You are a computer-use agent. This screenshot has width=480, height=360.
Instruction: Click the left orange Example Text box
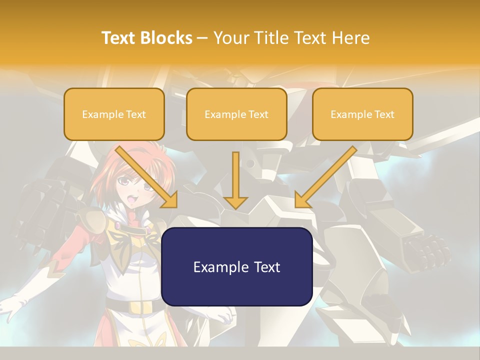tap(114, 114)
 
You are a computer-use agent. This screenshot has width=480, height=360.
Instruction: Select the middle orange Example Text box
tap(236, 114)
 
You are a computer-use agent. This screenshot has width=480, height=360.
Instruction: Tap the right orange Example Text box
tap(362, 114)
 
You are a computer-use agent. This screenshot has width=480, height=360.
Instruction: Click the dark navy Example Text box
tap(237, 266)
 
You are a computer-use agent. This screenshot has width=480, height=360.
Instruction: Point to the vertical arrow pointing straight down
tap(235, 180)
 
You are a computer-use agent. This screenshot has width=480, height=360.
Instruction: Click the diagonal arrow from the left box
tap(146, 176)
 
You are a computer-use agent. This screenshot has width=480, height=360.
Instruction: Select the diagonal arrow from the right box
tap(326, 176)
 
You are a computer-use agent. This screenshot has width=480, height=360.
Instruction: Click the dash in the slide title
tap(202, 38)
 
